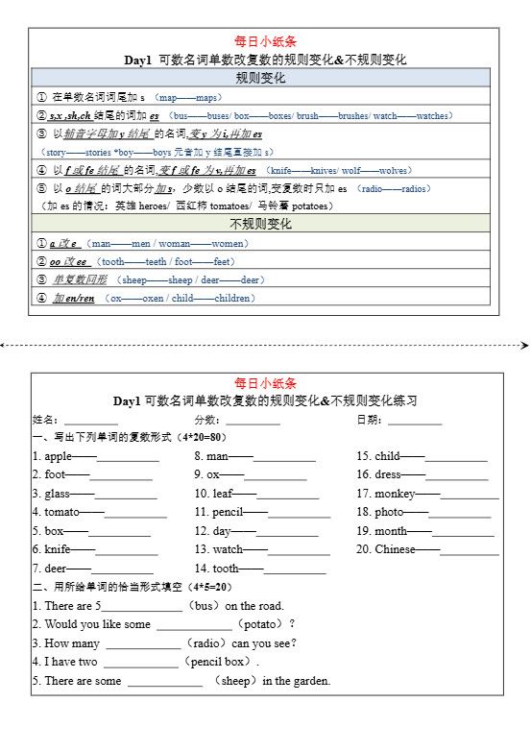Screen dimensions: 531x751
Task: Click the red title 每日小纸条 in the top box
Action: [265, 41]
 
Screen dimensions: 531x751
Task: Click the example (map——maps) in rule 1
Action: [189, 98]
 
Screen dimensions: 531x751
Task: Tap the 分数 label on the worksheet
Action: [206, 420]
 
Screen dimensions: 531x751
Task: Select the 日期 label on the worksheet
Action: [369, 420]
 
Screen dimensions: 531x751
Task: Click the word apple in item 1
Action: [58, 456]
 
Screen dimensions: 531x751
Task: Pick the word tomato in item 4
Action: [61, 512]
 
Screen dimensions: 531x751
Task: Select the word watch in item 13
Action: [228, 549]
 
